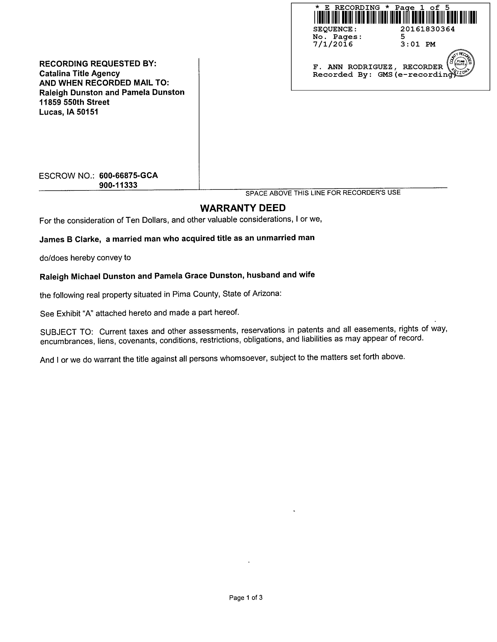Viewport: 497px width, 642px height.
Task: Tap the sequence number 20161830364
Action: click(x=427, y=29)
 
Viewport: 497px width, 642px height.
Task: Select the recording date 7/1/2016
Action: click(x=333, y=44)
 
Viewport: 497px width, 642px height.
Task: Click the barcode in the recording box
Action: click(x=395, y=17)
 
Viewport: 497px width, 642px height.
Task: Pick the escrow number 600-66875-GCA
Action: click(x=128, y=175)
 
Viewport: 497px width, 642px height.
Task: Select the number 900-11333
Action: click(x=118, y=185)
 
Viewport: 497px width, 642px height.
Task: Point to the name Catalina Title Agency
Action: click(x=79, y=73)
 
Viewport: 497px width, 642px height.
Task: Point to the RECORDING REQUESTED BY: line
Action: click(x=98, y=64)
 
